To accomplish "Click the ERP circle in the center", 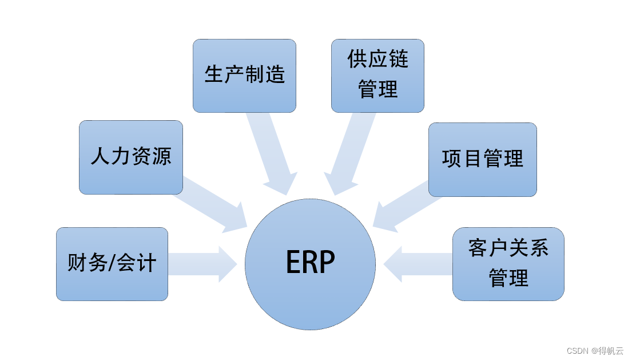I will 310,264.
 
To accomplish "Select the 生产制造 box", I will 244,76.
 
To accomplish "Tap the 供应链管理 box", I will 377,76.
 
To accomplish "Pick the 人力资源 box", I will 130,157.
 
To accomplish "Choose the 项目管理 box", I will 482,159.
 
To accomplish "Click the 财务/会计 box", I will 112,264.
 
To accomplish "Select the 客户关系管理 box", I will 508,264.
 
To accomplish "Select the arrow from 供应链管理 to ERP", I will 350,152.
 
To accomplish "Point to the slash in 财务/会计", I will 112,264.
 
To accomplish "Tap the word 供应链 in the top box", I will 377,59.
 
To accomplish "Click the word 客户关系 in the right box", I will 508,248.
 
